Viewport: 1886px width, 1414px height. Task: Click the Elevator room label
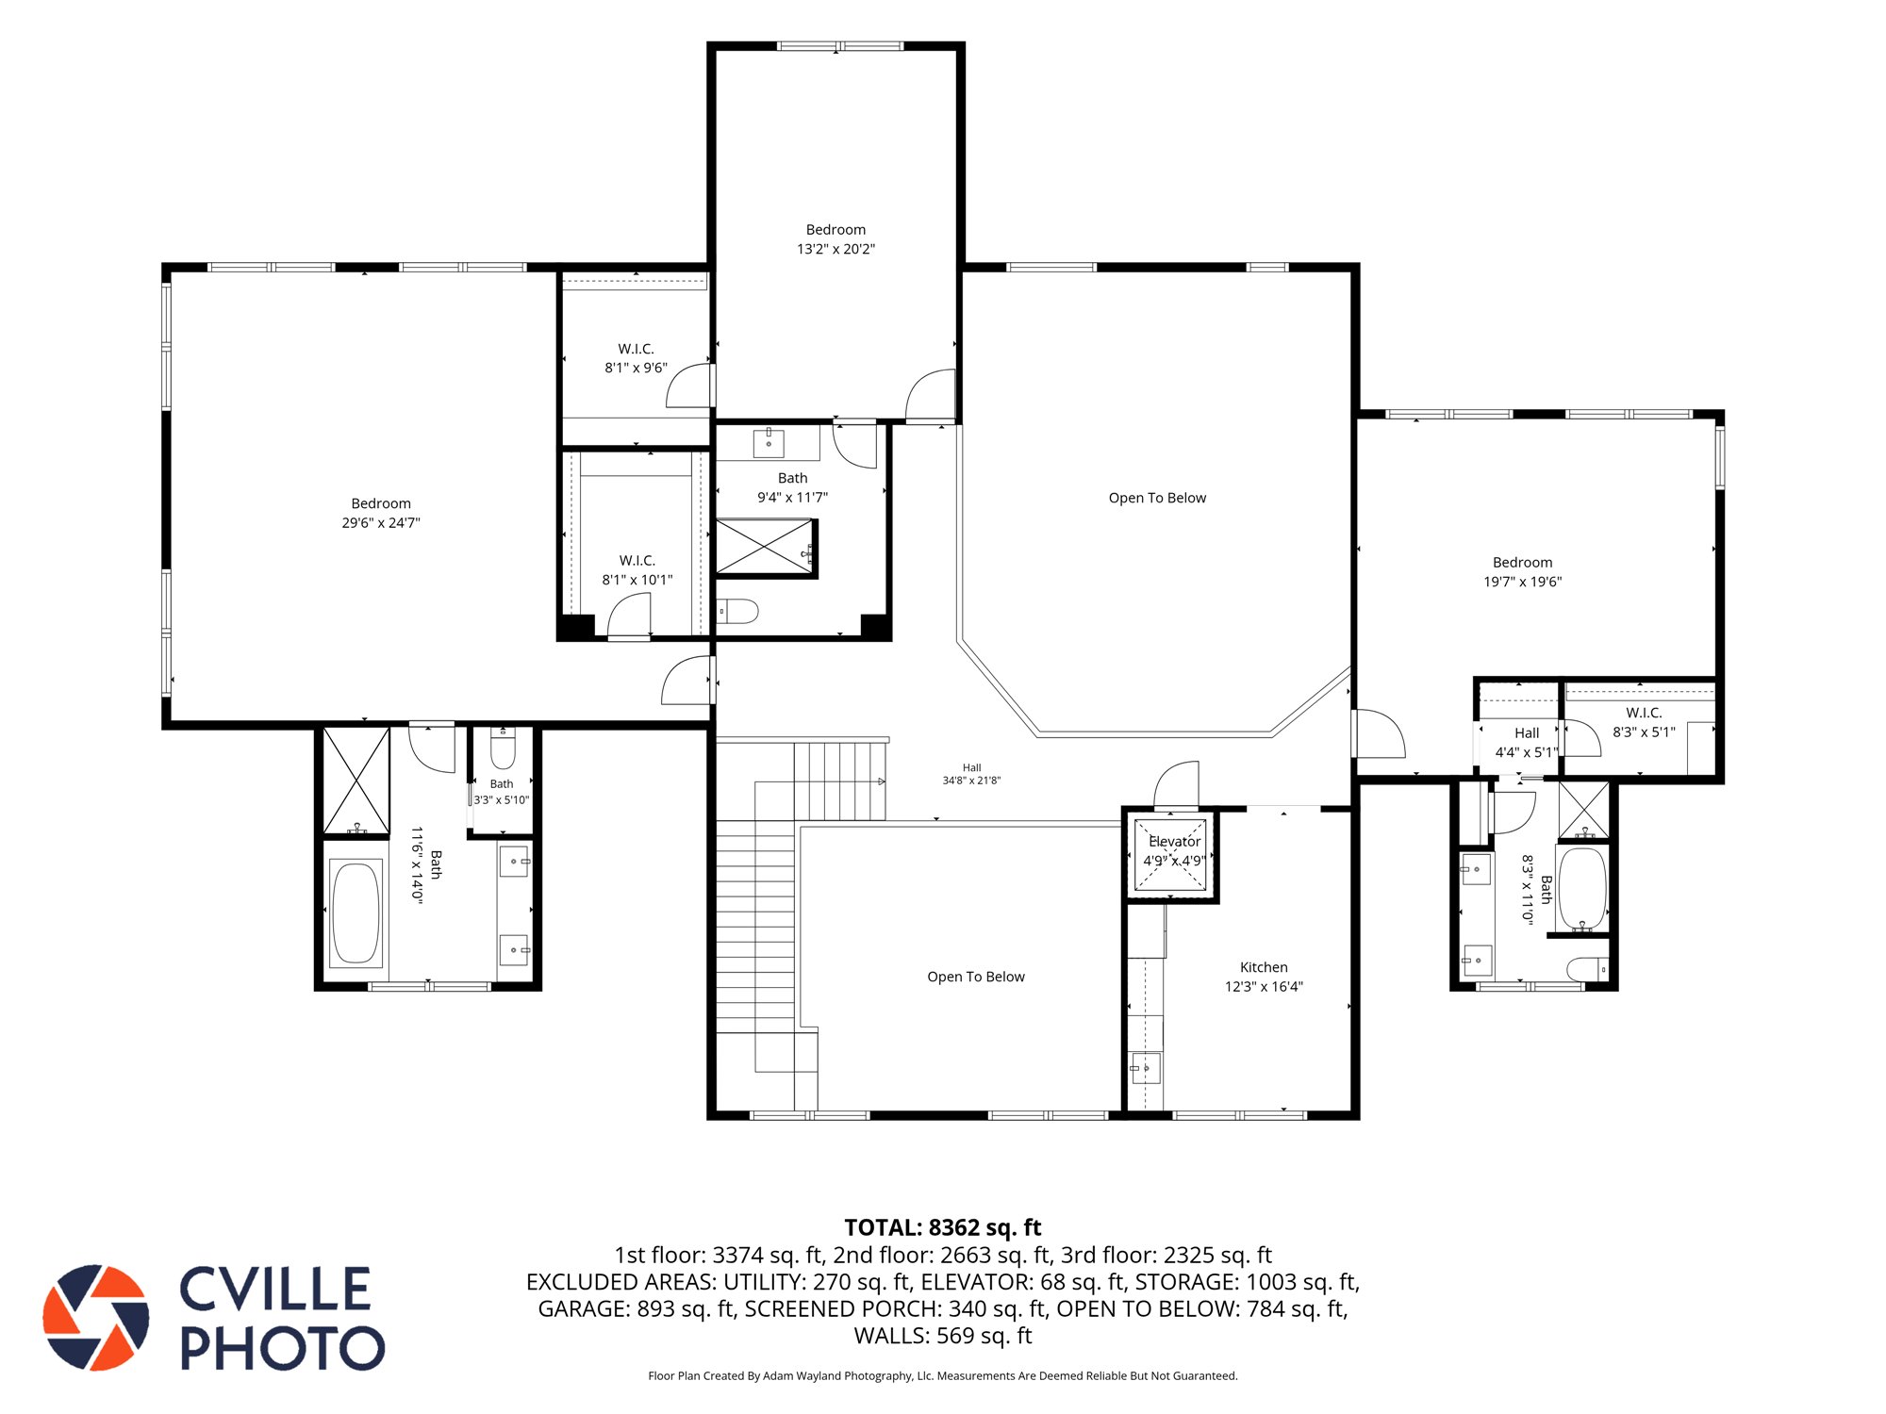(x=1174, y=841)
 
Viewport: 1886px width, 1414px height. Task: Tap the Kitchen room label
(x=1264, y=967)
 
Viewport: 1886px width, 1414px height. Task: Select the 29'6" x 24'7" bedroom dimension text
(x=381, y=523)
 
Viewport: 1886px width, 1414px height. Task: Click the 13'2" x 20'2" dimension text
(x=835, y=249)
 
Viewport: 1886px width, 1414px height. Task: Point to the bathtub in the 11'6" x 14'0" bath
(x=356, y=913)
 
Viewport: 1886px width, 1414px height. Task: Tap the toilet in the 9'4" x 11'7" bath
(x=737, y=612)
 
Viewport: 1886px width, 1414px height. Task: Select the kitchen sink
(x=1145, y=1068)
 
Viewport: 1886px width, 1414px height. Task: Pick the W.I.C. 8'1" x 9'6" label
(x=637, y=358)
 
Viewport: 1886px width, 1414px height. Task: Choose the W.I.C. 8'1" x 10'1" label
(x=637, y=570)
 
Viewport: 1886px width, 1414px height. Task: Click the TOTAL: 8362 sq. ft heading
(x=943, y=1227)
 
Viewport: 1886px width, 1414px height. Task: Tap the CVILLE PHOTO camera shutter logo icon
(x=96, y=1318)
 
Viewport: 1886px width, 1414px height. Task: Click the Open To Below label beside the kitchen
(x=976, y=977)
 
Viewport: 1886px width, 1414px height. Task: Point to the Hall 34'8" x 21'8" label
(x=971, y=774)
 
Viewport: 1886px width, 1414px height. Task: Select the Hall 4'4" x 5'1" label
(x=1527, y=743)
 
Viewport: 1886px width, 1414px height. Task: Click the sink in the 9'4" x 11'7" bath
(x=769, y=443)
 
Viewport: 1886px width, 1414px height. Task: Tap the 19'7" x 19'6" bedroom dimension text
(x=1523, y=582)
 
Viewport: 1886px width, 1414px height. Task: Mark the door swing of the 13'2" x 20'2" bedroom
(x=930, y=394)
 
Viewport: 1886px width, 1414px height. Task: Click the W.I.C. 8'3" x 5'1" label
(x=1644, y=722)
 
